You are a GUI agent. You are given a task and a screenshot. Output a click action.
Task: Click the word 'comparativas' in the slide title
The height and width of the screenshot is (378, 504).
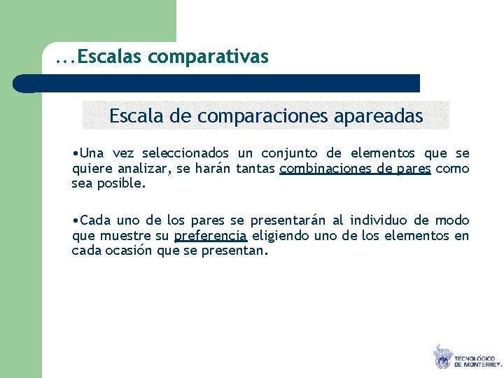point(208,57)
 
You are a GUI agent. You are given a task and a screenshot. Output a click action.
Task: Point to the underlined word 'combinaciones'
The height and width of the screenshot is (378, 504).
point(319,169)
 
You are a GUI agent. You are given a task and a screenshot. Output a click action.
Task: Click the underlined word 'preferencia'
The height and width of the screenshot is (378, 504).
point(211,236)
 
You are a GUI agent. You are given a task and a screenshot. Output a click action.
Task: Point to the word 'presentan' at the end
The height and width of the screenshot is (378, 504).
point(237,251)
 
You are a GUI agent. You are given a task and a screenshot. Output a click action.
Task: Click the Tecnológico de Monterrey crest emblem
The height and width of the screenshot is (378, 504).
point(442,357)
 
